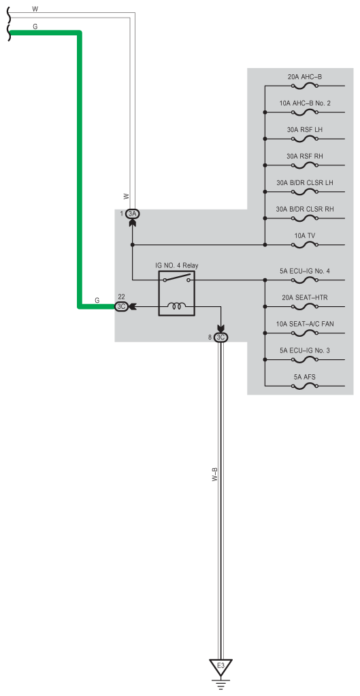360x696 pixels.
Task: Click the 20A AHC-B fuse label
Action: pyautogui.click(x=304, y=77)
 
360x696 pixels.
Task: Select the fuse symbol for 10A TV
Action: pyautogui.click(x=304, y=244)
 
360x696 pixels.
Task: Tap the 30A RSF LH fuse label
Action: pyautogui.click(x=304, y=130)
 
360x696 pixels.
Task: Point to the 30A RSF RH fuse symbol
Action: pyautogui.click(x=304, y=165)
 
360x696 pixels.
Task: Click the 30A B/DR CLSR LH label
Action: pyautogui.click(x=304, y=183)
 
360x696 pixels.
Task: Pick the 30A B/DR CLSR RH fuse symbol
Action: pyautogui.click(x=304, y=218)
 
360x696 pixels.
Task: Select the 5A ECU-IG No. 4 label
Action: pyautogui.click(x=304, y=271)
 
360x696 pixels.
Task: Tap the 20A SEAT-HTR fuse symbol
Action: pyautogui.click(x=304, y=306)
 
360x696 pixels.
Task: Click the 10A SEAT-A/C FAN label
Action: pyautogui.click(x=304, y=324)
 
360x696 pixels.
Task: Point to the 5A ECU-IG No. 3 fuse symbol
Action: pyautogui.click(x=304, y=359)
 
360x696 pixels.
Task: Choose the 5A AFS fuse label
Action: pyautogui.click(x=304, y=378)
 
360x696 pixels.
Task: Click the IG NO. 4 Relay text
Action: pyautogui.click(x=177, y=265)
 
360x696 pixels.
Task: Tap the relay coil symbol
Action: pyautogui.click(x=177, y=305)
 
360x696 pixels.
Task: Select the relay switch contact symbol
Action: pyautogui.click(x=177, y=279)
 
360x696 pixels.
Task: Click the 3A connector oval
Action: pyautogui.click(x=132, y=214)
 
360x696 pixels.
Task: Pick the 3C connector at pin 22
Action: pyautogui.click(x=121, y=306)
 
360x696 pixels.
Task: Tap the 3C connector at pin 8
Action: pyautogui.click(x=220, y=337)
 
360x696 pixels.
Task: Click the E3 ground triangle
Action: pyautogui.click(x=220, y=667)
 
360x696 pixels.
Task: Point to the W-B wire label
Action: pyautogui.click(x=214, y=475)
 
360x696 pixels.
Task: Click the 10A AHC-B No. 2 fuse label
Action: pyautogui.click(x=304, y=103)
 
